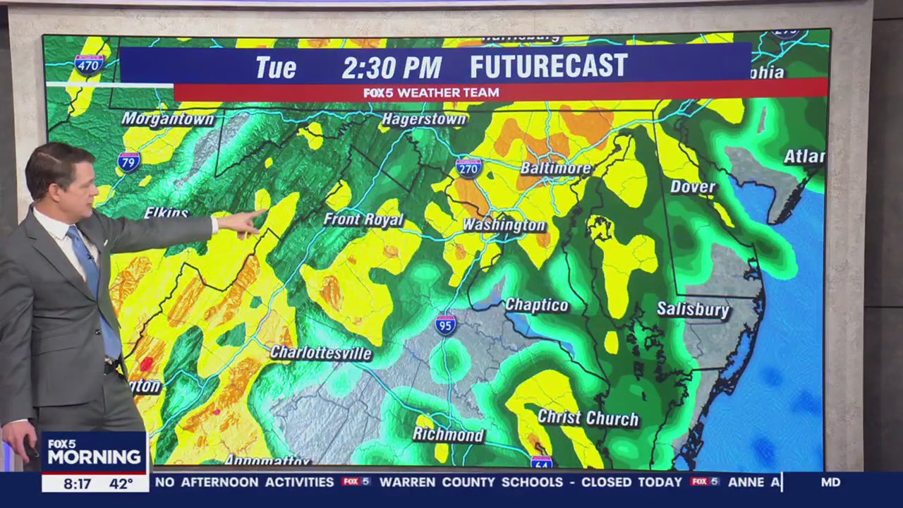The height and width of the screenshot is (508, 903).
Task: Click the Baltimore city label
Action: (x=555, y=169)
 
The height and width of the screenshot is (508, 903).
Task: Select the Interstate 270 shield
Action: (x=468, y=167)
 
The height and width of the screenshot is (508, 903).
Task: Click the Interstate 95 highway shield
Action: (x=445, y=325)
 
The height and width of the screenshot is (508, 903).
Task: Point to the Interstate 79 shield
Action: (x=128, y=162)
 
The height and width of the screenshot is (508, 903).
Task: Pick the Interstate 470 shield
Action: (x=89, y=65)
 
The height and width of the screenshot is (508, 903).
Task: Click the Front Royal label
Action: (x=363, y=219)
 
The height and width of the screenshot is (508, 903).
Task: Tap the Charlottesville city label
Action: (x=321, y=353)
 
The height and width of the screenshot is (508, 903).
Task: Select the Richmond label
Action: (x=449, y=435)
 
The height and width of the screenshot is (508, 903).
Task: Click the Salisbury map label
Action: (x=693, y=309)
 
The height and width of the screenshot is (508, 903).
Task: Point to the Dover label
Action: (x=692, y=187)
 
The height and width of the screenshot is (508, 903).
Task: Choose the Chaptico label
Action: (x=537, y=306)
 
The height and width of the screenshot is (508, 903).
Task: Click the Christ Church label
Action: (x=588, y=418)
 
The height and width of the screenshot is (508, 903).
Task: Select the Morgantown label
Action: (x=167, y=119)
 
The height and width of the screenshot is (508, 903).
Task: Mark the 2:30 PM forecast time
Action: (x=392, y=68)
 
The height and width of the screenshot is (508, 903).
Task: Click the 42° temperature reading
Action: (x=121, y=484)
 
